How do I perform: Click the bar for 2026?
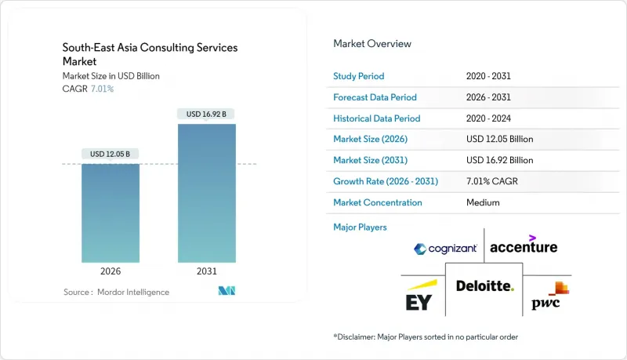click(111, 213)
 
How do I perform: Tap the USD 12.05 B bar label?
click(111, 153)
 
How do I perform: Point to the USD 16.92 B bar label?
click(206, 114)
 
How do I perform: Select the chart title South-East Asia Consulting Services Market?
click(150, 54)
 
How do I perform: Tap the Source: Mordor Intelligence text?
click(116, 292)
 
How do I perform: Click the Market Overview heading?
click(372, 44)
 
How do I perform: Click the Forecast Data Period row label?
click(375, 97)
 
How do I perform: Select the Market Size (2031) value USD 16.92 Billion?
click(499, 160)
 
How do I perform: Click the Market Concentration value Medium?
click(482, 202)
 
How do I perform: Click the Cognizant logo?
click(445, 249)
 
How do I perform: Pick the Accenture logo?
click(524, 245)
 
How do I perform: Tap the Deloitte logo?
click(484, 286)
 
